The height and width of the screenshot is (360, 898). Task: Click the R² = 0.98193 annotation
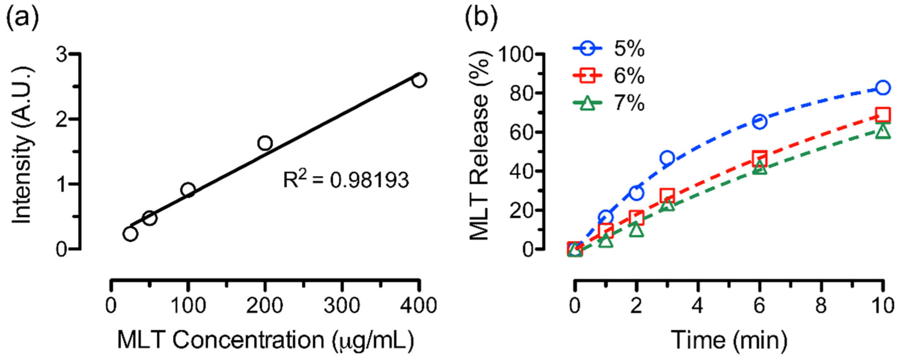tap(345, 180)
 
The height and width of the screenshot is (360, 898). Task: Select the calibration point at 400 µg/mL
tap(419, 80)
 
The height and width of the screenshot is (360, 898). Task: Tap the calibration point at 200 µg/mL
tap(265, 143)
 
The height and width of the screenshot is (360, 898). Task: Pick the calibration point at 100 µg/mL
tap(188, 190)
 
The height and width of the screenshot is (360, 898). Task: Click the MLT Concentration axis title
tap(265, 340)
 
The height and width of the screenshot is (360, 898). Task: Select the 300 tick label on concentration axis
tap(342, 306)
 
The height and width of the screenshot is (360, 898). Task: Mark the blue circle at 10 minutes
tap(883, 87)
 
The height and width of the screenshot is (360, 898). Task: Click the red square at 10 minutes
tap(883, 114)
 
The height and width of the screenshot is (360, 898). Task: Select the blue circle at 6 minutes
tap(759, 121)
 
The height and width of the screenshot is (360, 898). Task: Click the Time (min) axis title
tap(728, 340)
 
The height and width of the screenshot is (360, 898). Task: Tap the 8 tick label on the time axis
tap(821, 306)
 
